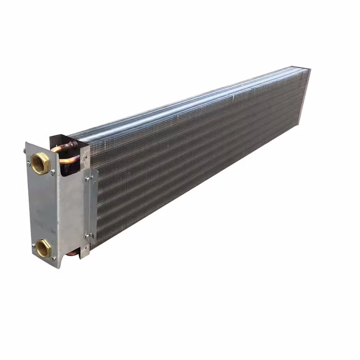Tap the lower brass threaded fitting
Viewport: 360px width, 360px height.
43,247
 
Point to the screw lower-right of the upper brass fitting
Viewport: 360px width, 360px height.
53,172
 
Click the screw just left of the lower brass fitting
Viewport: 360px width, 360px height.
34,246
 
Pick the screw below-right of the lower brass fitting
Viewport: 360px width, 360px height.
54,257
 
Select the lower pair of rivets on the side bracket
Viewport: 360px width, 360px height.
89,235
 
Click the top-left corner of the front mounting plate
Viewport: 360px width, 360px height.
26,143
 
